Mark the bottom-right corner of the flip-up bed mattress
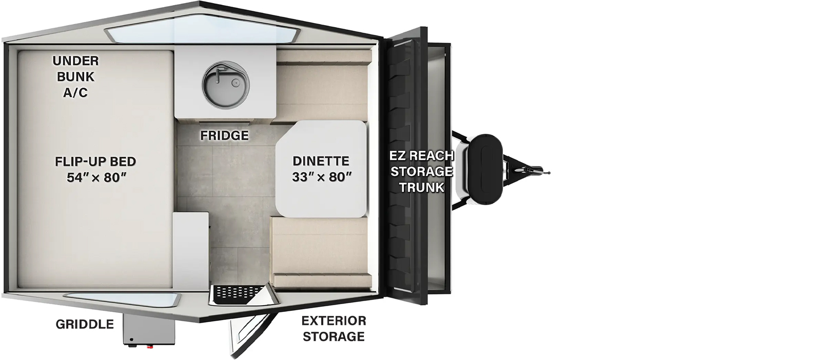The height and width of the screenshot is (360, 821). pyautogui.click(x=172, y=288)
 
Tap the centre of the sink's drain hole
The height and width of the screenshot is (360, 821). pyautogui.click(x=235, y=84)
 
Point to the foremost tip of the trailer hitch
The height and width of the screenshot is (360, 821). pyautogui.click(x=550, y=173)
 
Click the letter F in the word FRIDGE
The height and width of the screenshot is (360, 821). pyautogui.click(x=203, y=136)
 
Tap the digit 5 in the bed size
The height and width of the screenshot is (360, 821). pyautogui.click(x=71, y=177)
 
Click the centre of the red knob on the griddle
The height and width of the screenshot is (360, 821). pyautogui.click(x=149, y=345)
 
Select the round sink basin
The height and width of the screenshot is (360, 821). pyautogui.click(x=225, y=85)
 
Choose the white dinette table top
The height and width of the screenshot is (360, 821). pyautogui.click(x=321, y=169)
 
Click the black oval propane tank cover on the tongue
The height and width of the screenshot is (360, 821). pyautogui.click(x=485, y=169)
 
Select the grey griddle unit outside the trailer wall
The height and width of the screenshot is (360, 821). pyautogui.click(x=149, y=329)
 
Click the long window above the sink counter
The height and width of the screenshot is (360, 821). pyautogui.click(x=201, y=35)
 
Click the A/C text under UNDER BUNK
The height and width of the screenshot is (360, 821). pyautogui.click(x=75, y=93)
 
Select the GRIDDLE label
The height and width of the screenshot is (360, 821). pyautogui.click(x=85, y=324)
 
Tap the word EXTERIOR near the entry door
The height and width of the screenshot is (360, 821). pyautogui.click(x=334, y=321)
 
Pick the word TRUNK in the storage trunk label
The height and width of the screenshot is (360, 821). pyautogui.click(x=421, y=188)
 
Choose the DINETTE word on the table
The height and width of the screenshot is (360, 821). pyautogui.click(x=321, y=161)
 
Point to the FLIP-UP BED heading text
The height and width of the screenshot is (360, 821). pyautogui.click(x=95, y=162)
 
